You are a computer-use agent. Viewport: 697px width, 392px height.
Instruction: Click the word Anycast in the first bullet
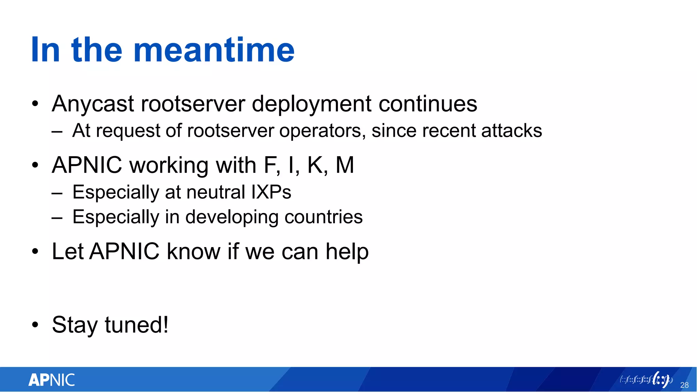pyautogui.click(x=93, y=104)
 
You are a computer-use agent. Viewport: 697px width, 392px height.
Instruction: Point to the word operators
pyautogui.click(x=322, y=131)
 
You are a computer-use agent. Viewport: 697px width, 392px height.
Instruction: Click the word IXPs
pyautogui.click(x=271, y=192)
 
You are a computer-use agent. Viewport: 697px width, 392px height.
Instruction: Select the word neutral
pyautogui.click(x=215, y=192)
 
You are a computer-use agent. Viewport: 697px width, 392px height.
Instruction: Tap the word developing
pyautogui.click(x=231, y=217)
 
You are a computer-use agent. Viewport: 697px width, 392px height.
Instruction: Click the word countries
pyautogui.click(x=323, y=217)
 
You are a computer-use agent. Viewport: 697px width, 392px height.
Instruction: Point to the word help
pyautogui.click(x=347, y=252)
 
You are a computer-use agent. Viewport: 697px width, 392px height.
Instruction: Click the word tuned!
pyautogui.click(x=136, y=325)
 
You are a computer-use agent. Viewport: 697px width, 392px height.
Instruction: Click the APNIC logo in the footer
pyautogui.click(x=52, y=380)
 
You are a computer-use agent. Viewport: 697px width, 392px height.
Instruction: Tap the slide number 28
pyautogui.click(x=684, y=385)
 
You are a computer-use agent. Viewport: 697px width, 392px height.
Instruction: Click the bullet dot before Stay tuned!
pyautogui.click(x=35, y=325)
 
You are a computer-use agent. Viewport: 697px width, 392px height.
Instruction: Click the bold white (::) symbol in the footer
pyautogui.click(x=661, y=380)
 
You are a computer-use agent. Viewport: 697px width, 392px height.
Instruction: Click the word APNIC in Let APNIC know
pyautogui.click(x=124, y=252)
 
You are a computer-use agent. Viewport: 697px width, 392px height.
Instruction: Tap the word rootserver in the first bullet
pyautogui.click(x=193, y=104)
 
